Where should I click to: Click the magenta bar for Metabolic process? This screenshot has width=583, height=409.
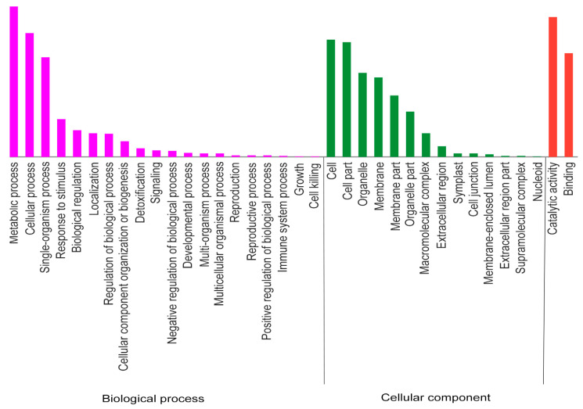point(14,82)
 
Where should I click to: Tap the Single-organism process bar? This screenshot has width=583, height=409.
point(45,107)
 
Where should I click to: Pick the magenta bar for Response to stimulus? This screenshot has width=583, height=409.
point(61,138)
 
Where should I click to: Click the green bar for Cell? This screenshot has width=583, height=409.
point(331,99)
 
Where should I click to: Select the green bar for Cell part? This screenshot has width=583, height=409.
point(347,100)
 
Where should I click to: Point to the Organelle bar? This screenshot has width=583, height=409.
point(362,115)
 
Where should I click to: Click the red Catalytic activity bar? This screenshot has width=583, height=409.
point(553,87)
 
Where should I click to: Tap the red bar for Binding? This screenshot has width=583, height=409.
point(569,106)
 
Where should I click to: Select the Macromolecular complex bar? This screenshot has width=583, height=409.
point(426,145)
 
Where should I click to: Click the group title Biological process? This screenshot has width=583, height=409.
point(153,399)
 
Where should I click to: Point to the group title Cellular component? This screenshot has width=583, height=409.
point(436,398)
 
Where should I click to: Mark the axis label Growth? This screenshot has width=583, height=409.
point(299,178)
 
